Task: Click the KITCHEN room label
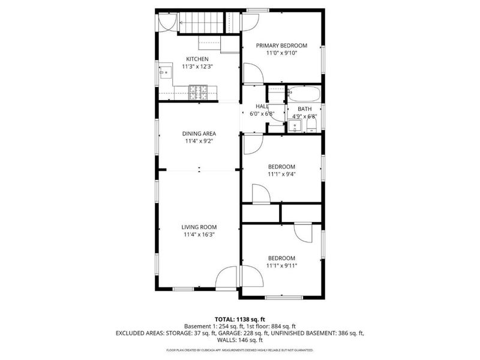[x=197, y=59]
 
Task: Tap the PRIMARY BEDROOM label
[x=281, y=46]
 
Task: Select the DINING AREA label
[x=199, y=134]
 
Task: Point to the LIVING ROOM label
[x=199, y=227]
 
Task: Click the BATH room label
[x=304, y=109]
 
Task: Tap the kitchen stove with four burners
[x=198, y=92]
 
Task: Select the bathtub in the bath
[x=304, y=94]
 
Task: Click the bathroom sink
[x=295, y=127]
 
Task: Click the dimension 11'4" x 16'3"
[x=199, y=235]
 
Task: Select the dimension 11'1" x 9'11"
[x=281, y=265]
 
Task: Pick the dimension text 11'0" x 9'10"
[x=281, y=53]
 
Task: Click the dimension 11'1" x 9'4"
[x=281, y=175]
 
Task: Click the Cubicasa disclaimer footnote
[x=240, y=349]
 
